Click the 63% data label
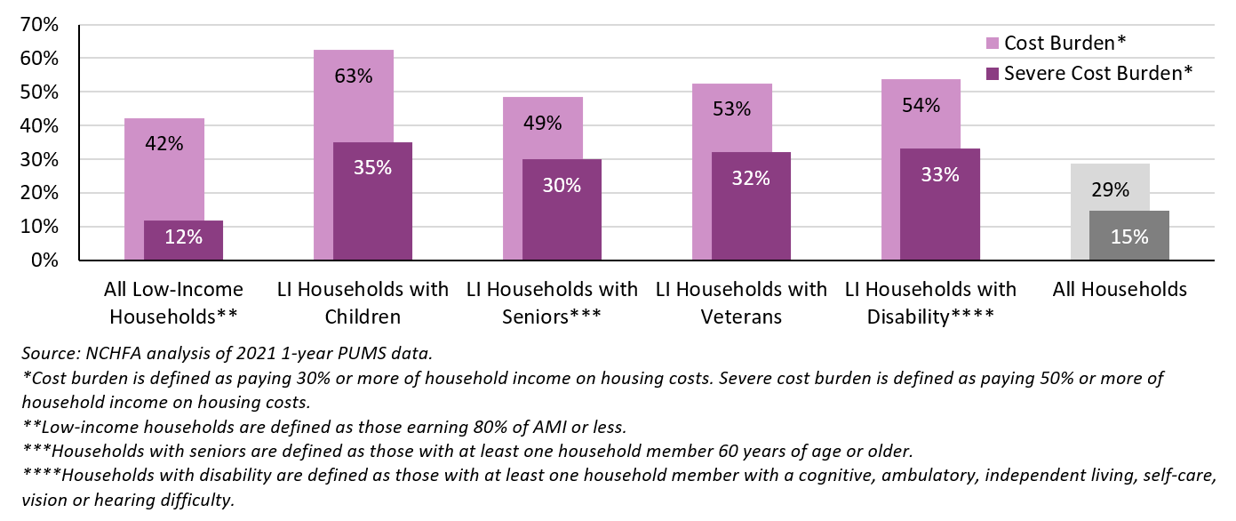354,76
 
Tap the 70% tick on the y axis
39,25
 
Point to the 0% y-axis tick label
44,261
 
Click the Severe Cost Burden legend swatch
993,73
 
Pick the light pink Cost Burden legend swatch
993,43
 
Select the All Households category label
1120,290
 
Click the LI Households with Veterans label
741,302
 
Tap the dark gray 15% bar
1129,236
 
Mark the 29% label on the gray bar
1110,189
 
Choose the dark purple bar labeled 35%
372,201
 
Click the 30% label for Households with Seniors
562,186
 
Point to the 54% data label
921,106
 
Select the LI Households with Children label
363,302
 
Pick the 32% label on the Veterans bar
751,179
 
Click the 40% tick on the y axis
39,126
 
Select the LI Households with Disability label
930,302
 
